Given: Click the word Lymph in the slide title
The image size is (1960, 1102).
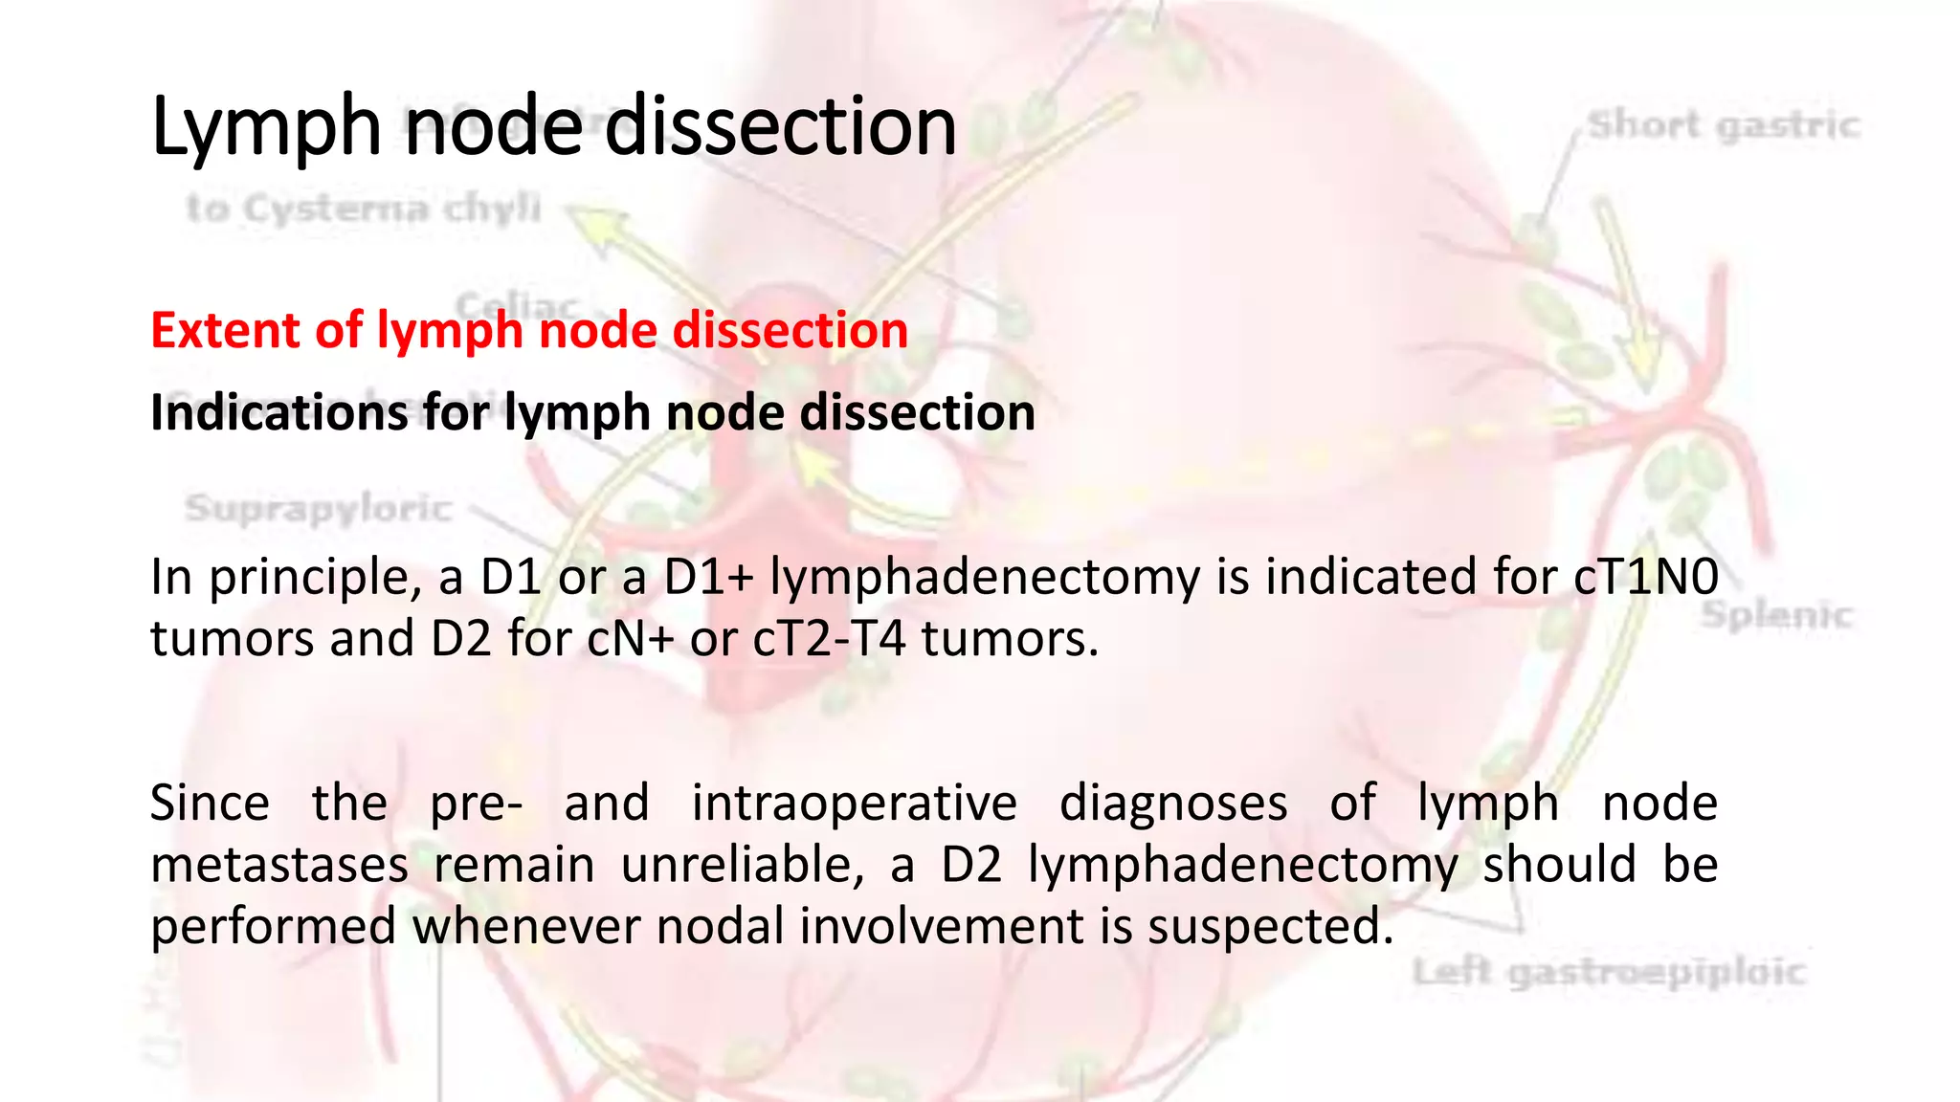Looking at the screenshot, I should point(266,127).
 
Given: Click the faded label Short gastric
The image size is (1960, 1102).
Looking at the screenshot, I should point(1724,125).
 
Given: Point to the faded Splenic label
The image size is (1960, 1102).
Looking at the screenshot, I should point(1776,615).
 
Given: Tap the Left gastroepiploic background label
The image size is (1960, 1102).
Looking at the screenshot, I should point(1609,973).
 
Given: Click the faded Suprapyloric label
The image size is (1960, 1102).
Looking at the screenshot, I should point(319,508).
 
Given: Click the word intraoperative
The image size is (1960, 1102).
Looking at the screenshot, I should point(854,803).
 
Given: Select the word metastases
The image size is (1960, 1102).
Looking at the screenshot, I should point(279,865).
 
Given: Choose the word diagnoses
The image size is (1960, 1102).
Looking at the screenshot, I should point(1172,803).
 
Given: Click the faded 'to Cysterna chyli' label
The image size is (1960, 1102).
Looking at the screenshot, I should point(364,208).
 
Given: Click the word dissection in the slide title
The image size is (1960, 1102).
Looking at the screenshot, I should point(780,127).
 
